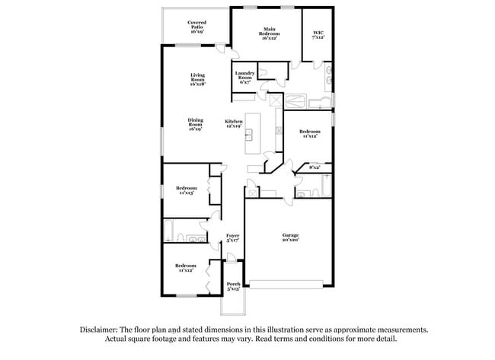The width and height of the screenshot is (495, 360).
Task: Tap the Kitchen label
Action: point(233,122)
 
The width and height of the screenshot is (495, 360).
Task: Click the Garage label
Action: point(288,235)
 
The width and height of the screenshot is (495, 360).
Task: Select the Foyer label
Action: point(233,236)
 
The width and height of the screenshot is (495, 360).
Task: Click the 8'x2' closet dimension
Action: point(315,167)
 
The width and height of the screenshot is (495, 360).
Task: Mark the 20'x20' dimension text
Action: point(288,240)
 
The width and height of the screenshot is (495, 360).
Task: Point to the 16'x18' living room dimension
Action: point(197,84)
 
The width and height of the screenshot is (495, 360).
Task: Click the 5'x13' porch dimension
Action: point(233,288)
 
